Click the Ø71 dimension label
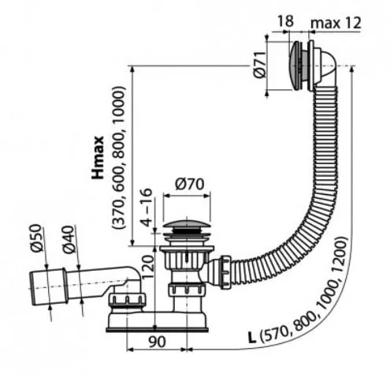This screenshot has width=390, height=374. (260, 65)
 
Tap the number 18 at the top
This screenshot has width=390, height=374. (285, 21)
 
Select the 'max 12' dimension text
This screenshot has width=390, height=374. (336, 23)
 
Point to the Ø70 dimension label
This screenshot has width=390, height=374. (189, 184)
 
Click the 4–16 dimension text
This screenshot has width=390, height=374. (146, 208)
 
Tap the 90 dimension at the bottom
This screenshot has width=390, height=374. (158, 342)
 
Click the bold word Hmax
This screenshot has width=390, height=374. (98, 158)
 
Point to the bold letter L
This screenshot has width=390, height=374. (252, 338)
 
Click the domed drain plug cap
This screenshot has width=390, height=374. (187, 223)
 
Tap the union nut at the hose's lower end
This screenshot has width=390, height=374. (225, 272)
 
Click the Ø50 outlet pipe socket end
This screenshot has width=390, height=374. (48, 287)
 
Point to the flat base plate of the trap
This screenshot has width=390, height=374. (157, 330)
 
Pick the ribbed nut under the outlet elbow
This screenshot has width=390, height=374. (128, 301)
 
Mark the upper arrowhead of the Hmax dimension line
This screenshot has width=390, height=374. (132, 69)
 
